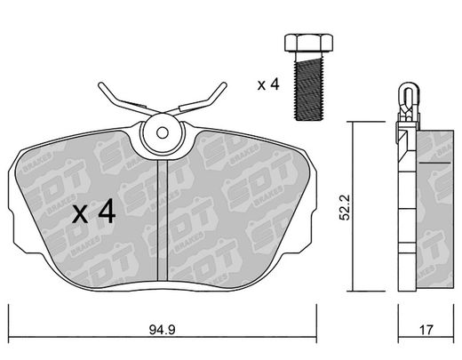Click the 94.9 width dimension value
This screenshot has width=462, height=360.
point(162,330)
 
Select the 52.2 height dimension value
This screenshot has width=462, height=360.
point(345,207)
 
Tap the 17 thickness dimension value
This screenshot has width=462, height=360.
point(426,330)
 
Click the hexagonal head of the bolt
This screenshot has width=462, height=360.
point(308,44)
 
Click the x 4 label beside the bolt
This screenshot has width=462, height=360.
point(268,84)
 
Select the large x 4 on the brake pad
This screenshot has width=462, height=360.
point(94,211)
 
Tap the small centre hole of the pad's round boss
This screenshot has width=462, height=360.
point(163,133)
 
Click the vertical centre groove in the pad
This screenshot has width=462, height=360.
point(163,220)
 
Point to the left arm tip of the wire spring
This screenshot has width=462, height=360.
point(100,85)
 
